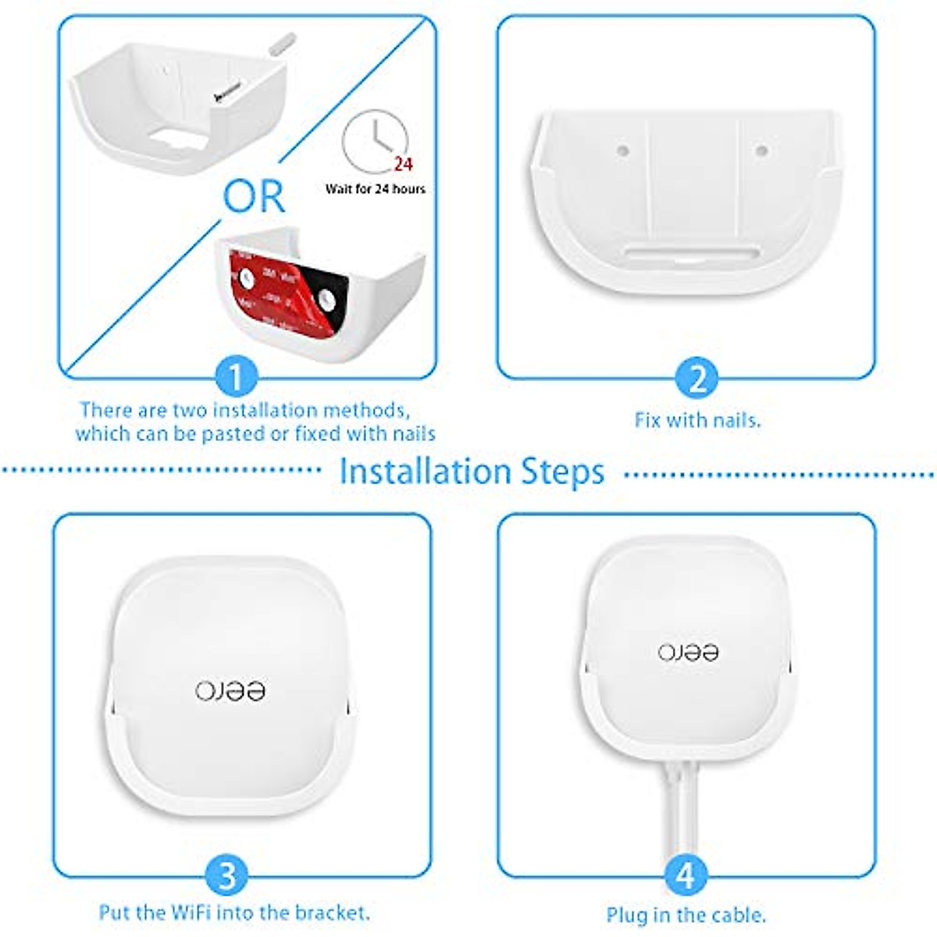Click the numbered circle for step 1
click(x=235, y=377)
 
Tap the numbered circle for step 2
click(x=697, y=378)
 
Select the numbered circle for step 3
click(x=226, y=875)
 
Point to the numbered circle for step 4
click(x=685, y=875)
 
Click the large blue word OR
click(x=254, y=198)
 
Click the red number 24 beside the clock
click(x=403, y=164)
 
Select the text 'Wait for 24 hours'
click(x=375, y=189)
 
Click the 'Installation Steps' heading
click(x=472, y=472)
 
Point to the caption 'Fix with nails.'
click(x=697, y=420)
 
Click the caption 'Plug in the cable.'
click(x=686, y=914)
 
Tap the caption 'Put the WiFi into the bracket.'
click(x=234, y=912)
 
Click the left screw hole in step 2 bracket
click(x=622, y=148)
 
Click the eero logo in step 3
click(x=230, y=690)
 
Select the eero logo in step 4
click(x=688, y=652)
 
